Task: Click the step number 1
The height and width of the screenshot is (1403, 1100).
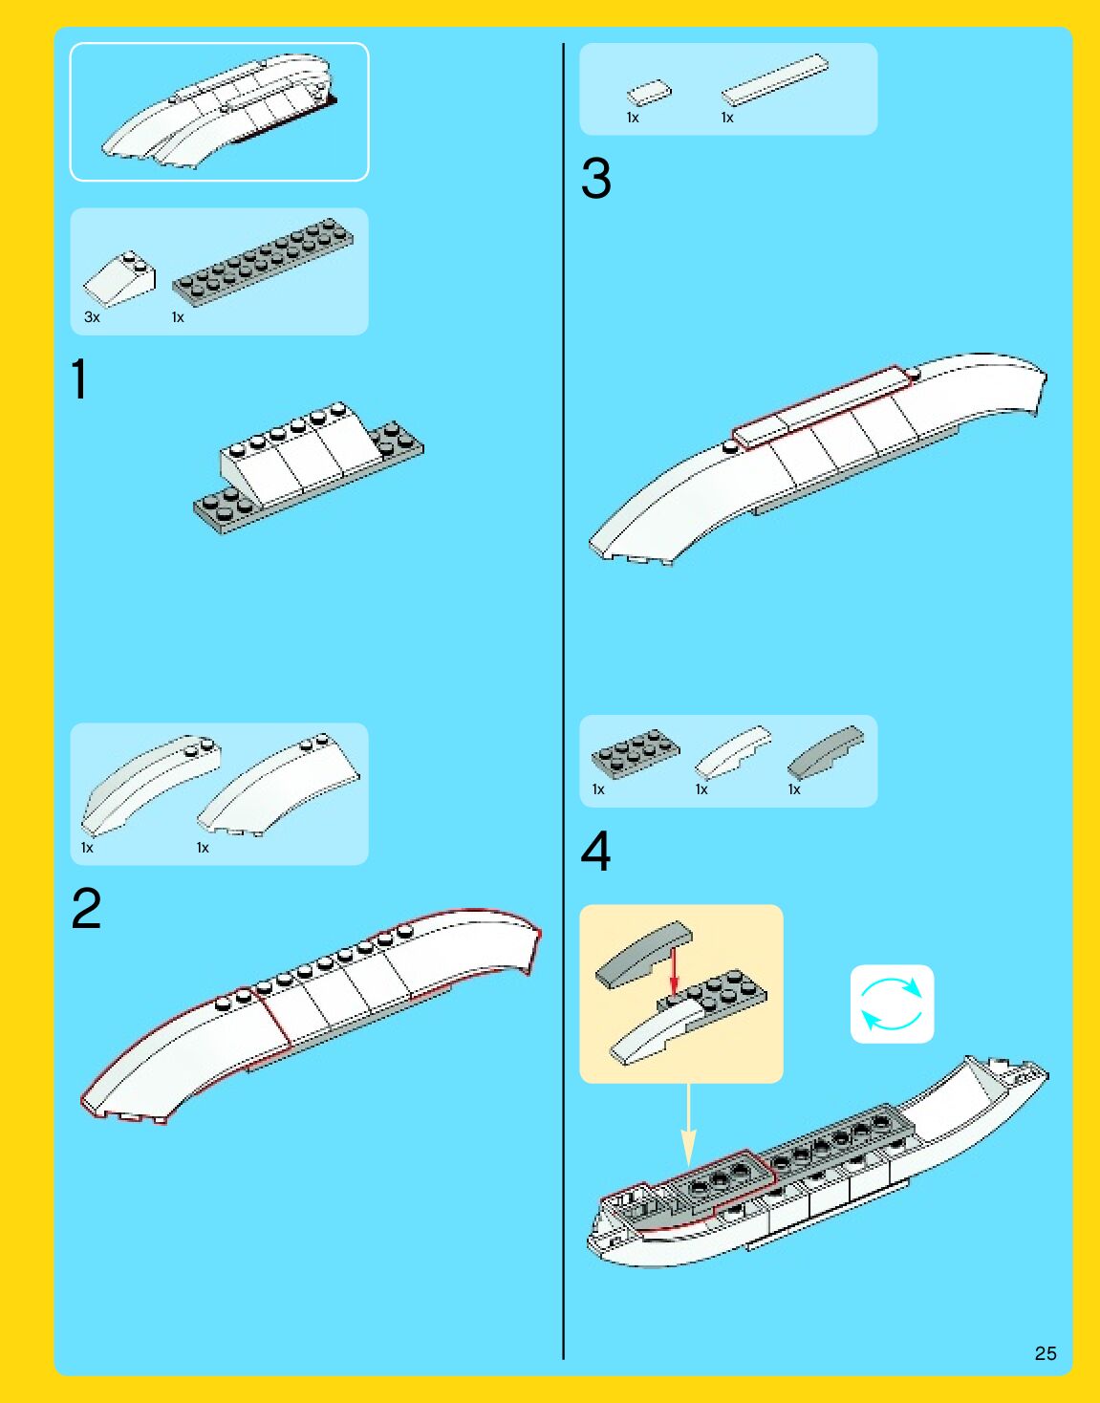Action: [79, 379]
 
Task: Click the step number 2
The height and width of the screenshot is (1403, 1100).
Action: [87, 908]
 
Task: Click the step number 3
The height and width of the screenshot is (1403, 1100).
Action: [595, 178]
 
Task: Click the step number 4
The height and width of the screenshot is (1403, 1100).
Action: [595, 851]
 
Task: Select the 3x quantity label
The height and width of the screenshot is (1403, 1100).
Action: [92, 317]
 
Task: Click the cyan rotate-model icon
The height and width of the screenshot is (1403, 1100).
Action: [892, 1004]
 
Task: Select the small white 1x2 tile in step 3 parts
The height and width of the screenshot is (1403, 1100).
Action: [649, 93]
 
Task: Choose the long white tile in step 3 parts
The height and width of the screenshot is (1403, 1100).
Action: [775, 80]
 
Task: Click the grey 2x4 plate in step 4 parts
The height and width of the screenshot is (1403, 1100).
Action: [636, 753]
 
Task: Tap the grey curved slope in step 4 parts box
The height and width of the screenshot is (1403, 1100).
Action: [825, 752]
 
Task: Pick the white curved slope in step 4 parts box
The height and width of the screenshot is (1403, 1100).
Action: [733, 752]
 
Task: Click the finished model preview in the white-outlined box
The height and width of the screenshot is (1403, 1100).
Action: [219, 111]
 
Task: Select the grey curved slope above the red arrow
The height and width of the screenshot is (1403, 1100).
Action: [643, 954]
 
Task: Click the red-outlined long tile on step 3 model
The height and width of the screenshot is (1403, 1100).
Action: [821, 407]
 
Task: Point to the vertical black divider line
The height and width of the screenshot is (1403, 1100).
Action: [564, 701]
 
